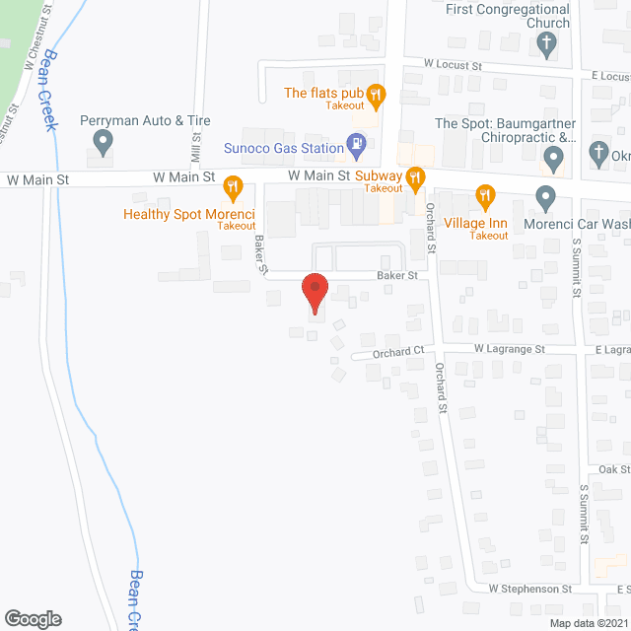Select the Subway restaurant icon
point(416,177)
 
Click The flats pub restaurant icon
point(375,94)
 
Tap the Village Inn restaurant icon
point(484,196)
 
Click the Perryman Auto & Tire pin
point(102,143)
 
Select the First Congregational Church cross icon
point(546,42)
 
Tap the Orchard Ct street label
point(397,351)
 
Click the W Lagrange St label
point(509,349)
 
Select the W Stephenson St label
point(530,589)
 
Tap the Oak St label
point(613,469)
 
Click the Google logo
point(32,618)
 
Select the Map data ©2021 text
point(587,622)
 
